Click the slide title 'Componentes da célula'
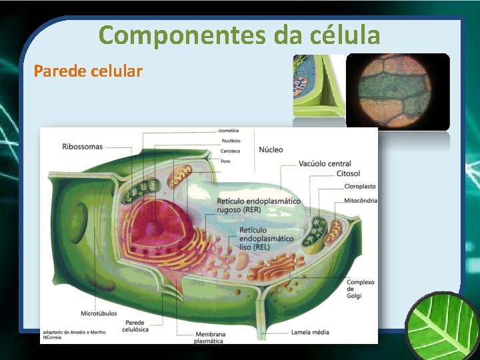(239, 34)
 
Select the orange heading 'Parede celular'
(88, 71)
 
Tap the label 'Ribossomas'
(83, 146)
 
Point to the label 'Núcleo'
(271, 149)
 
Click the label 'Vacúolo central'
(325, 164)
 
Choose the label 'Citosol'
(348, 173)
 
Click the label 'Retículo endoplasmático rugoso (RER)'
(259, 205)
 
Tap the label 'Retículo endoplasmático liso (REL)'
(266, 238)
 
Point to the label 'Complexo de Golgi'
(360, 289)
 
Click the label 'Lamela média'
(311, 331)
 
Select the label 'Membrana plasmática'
(209, 337)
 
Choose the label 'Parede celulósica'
(136, 326)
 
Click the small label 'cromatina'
(229, 130)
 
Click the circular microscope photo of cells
(398, 91)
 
